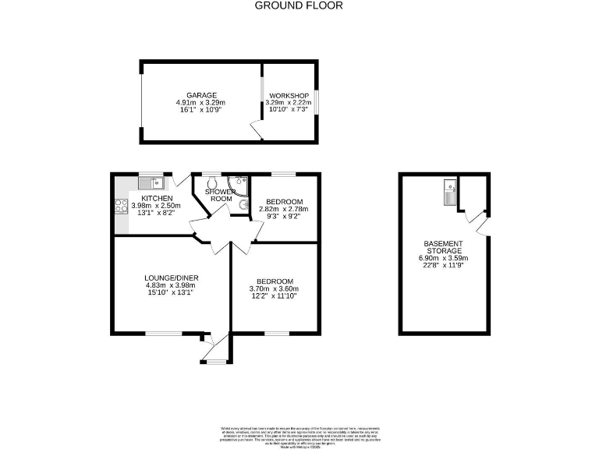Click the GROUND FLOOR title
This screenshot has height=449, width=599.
tap(299, 5)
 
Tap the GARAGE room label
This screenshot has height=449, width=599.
tap(200, 95)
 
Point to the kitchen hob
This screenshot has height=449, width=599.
tap(122, 207)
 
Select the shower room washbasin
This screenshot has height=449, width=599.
tap(243, 206)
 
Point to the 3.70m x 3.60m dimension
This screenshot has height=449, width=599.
tap(275, 289)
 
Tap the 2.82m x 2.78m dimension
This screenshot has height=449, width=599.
tap(283, 209)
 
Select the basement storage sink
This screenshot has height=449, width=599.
tap(449, 190)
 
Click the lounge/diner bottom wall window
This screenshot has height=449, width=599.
tap(162, 334)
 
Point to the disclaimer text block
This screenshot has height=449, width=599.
tap(299, 434)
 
